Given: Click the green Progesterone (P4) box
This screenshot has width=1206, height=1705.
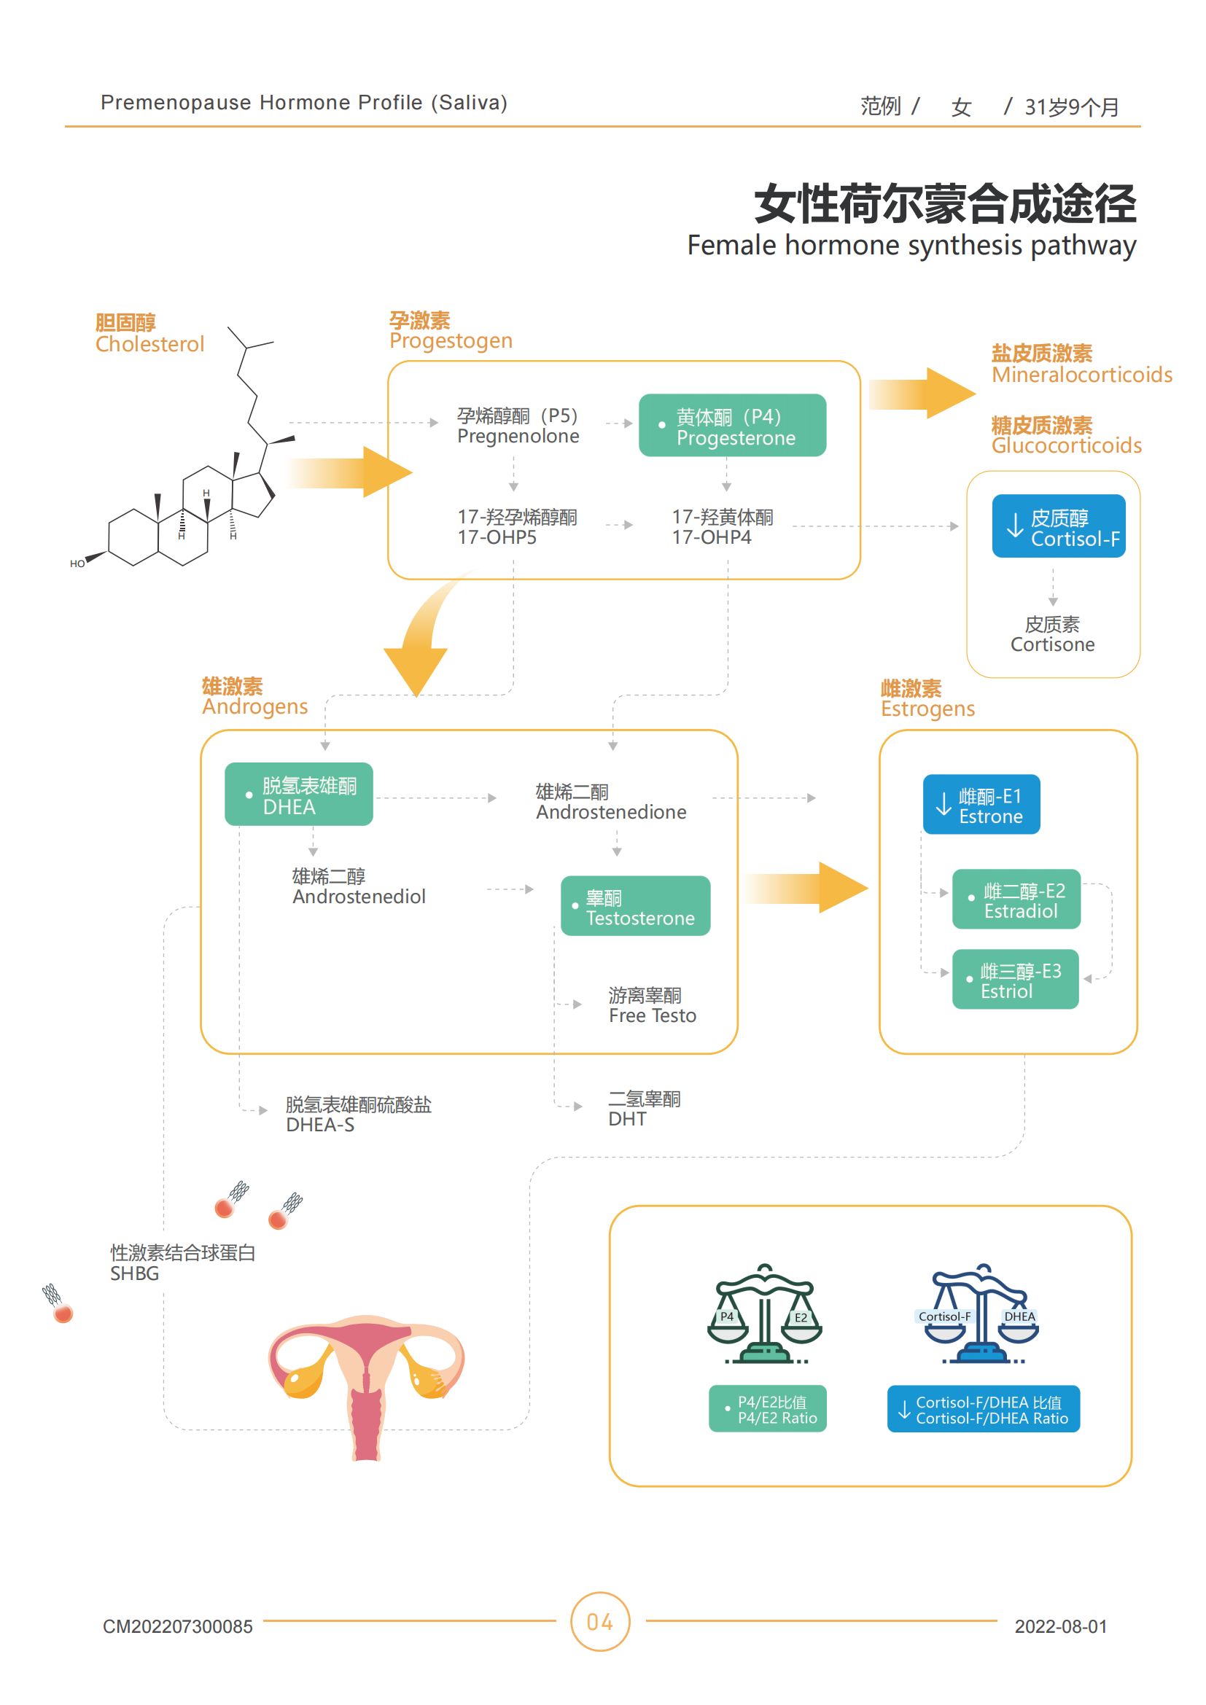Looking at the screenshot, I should pyautogui.click(x=731, y=426).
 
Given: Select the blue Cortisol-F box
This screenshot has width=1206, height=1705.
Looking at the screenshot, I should pyautogui.click(x=1057, y=526).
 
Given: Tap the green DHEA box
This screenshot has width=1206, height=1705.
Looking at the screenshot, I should pyautogui.click(x=298, y=795).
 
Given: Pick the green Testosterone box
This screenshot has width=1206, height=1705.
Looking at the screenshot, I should pyautogui.click(x=635, y=906).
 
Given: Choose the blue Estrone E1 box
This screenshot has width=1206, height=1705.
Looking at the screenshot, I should pyautogui.click(x=980, y=805).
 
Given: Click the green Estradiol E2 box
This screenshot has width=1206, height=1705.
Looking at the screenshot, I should pyautogui.click(x=1015, y=900).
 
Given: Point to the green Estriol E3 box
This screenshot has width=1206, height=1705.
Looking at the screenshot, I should pyautogui.click(x=1014, y=980).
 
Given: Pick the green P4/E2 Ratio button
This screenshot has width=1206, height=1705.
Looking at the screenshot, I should pyautogui.click(x=767, y=1409).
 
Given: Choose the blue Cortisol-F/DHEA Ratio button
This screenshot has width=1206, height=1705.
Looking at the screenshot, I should pyautogui.click(x=982, y=1409).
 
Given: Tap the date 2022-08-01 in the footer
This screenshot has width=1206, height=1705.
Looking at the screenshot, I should pyautogui.click(x=1059, y=1626).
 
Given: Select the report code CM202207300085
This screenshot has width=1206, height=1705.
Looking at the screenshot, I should pyautogui.click(x=177, y=1626).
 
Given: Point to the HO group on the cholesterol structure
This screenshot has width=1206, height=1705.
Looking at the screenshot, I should pyautogui.click(x=77, y=563).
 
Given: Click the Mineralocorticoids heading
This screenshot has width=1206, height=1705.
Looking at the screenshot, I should pyautogui.click(x=1081, y=374).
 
